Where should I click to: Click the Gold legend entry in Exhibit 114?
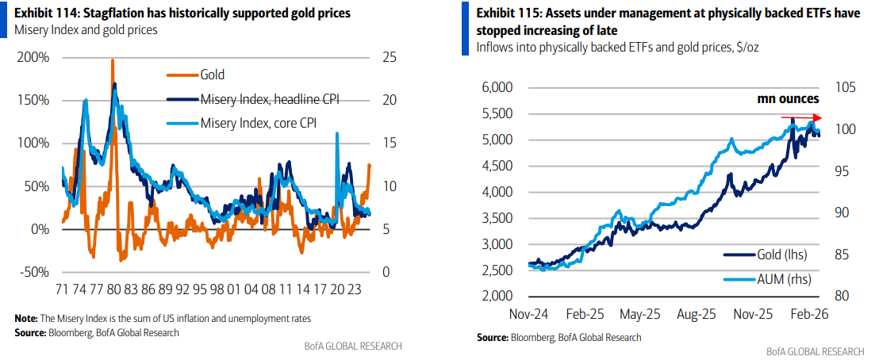click(x=213, y=75)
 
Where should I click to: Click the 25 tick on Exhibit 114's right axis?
click(x=387, y=58)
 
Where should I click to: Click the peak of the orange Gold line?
click(x=112, y=60)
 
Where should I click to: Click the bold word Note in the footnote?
click(x=26, y=318)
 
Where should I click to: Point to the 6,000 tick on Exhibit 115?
click(x=497, y=88)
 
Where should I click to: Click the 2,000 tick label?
click(x=497, y=297)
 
